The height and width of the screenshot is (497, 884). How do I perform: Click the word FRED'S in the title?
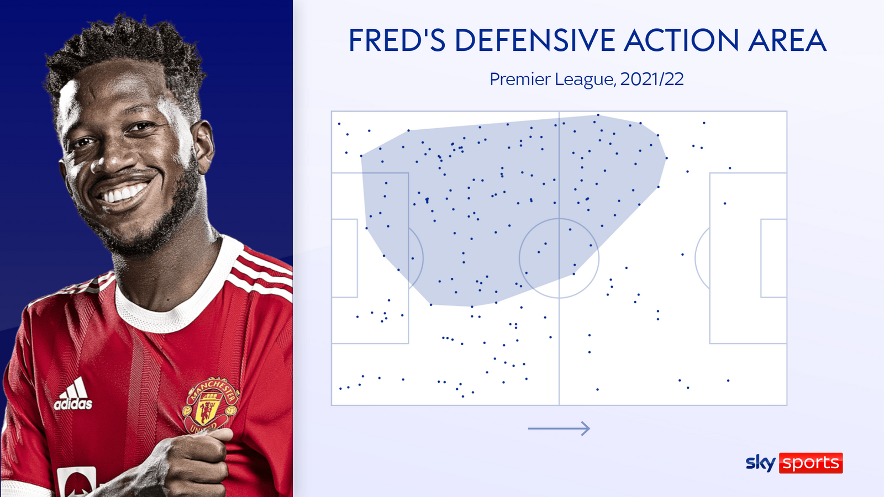397,40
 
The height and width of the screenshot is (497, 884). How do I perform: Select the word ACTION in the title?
681,40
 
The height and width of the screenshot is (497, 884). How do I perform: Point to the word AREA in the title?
787,40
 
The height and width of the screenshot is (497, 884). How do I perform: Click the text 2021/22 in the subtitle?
652,80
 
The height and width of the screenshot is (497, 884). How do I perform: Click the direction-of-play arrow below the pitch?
559,429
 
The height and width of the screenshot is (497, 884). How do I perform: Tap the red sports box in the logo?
811,463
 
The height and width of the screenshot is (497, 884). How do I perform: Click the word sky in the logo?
760,463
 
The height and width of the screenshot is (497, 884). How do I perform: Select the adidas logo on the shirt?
73,394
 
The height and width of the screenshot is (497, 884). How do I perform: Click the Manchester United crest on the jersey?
211,406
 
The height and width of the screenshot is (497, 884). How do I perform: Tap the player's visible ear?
204,146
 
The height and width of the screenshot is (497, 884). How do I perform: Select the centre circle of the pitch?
559,219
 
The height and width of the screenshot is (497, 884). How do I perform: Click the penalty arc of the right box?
696,258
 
